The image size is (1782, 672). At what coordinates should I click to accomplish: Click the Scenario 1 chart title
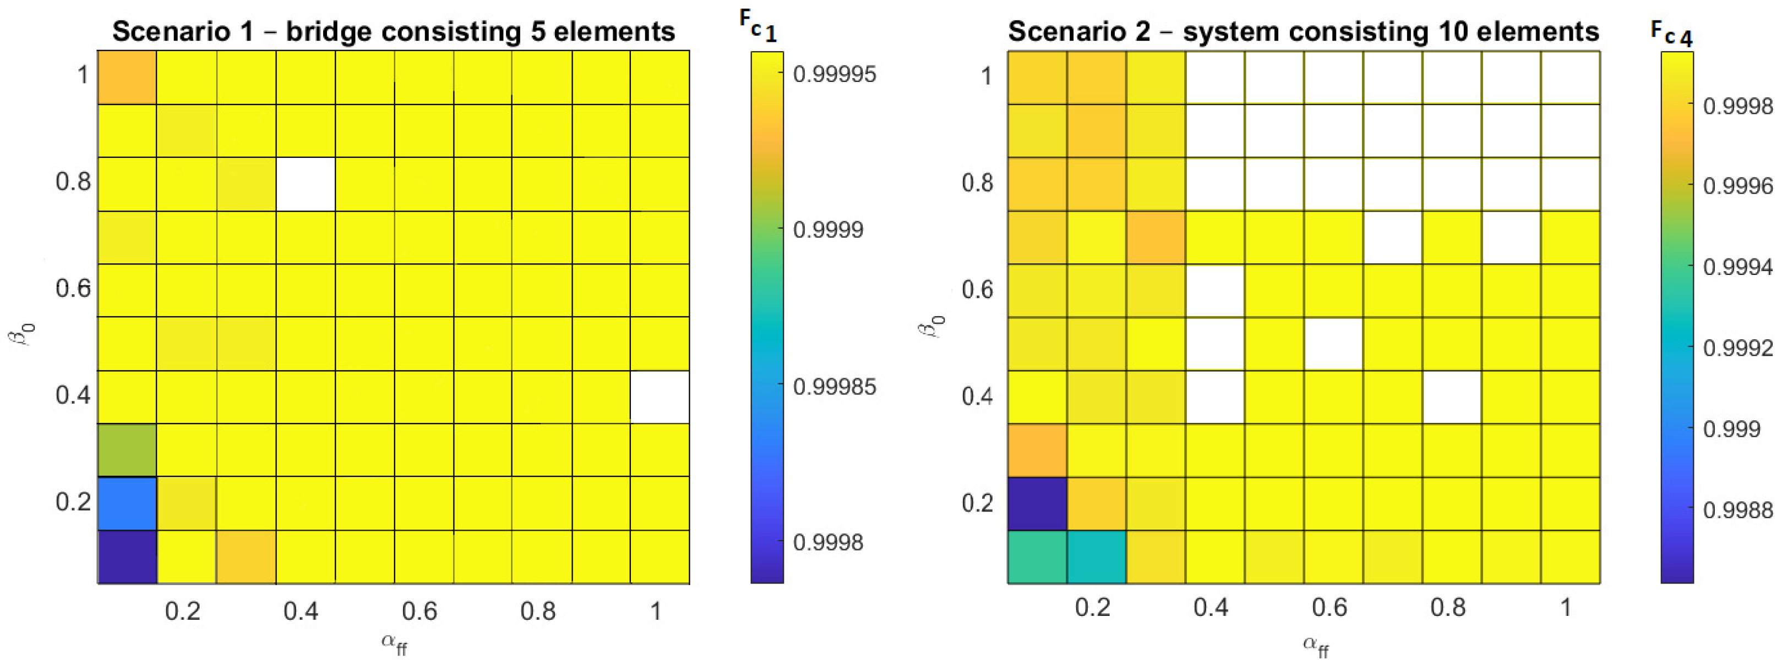(x=394, y=31)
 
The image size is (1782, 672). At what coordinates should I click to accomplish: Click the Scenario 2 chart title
(x=1303, y=31)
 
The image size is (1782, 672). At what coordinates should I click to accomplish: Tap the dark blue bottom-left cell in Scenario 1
(x=127, y=557)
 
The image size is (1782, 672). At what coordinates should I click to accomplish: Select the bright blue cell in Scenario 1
(x=127, y=503)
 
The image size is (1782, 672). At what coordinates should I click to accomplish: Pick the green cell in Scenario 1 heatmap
(x=127, y=450)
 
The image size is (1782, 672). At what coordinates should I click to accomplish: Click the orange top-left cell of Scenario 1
(x=127, y=78)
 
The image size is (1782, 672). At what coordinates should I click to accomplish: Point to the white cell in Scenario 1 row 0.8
(x=306, y=184)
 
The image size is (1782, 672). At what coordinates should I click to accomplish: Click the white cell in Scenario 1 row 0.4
(x=660, y=397)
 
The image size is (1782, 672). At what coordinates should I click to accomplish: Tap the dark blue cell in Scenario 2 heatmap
(x=1037, y=503)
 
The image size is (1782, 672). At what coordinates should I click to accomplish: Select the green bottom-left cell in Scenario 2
(x=1037, y=557)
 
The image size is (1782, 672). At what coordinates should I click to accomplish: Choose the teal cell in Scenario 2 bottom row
(x=1097, y=557)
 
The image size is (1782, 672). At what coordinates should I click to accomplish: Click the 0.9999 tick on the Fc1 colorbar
(x=828, y=229)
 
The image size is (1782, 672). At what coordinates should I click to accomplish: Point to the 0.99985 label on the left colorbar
(x=834, y=387)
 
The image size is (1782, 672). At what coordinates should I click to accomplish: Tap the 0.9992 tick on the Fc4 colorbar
(x=1738, y=348)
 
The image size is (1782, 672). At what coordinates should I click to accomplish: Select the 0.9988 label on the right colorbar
(x=1738, y=510)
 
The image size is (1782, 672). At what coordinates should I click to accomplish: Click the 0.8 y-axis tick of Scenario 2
(x=977, y=183)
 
